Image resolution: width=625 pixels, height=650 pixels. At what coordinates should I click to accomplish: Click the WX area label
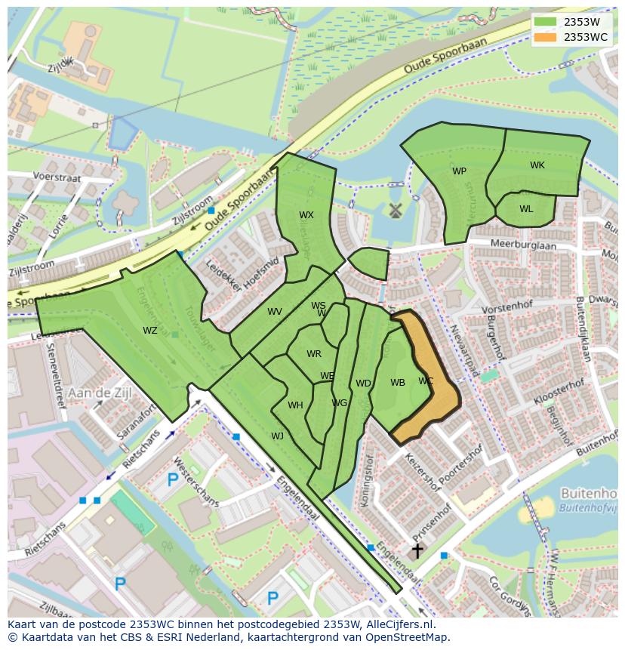pyautogui.click(x=306, y=215)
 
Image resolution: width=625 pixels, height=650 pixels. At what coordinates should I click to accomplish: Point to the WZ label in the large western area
pyautogui.click(x=150, y=330)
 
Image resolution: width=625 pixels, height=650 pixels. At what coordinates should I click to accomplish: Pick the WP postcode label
pyautogui.click(x=459, y=171)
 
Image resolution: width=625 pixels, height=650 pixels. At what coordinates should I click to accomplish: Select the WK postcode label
pyautogui.click(x=537, y=165)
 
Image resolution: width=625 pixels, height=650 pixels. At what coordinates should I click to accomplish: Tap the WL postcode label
pyautogui.click(x=526, y=209)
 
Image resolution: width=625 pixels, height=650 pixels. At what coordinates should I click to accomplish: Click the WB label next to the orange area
pyautogui.click(x=398, y=383)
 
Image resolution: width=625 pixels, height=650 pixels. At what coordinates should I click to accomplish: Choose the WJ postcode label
pyautogui.click(x=278, y=436)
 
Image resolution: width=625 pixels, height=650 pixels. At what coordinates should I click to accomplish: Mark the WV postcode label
pyautogui.click(x=275, y=312)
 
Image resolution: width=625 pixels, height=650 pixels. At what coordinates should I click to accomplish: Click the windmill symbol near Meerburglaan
pyautogui.click(x=393, y=211)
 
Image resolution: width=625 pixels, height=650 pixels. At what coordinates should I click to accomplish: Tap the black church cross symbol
pyautogui.click(x=417, y=551)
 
